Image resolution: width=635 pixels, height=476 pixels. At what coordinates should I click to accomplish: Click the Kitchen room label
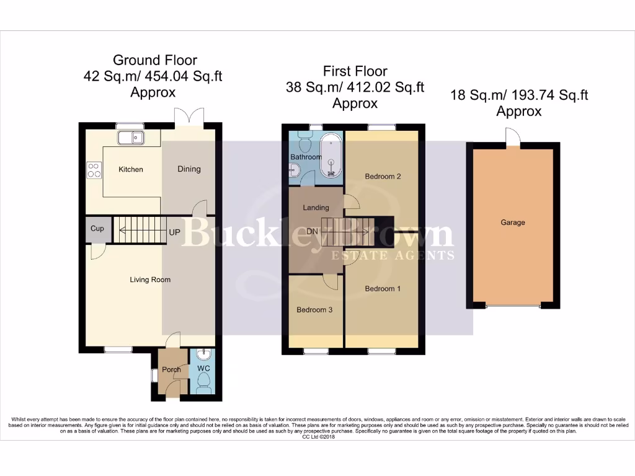131,169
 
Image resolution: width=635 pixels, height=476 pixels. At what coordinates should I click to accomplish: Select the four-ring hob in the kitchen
94,170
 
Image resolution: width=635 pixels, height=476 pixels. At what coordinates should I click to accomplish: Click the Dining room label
189,169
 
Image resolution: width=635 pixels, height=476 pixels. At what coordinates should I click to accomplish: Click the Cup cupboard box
97,229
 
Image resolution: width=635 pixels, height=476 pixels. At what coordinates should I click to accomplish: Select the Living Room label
150,280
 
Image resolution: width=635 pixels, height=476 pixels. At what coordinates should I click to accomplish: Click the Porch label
171,370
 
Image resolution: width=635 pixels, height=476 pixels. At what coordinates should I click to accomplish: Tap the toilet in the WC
204,382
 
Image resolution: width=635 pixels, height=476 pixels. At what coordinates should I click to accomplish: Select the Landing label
316,208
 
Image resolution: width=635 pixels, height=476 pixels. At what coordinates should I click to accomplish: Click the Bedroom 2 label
383,177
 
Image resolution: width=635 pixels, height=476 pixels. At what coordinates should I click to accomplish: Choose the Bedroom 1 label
383,289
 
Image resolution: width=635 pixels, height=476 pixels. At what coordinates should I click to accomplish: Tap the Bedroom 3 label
315,310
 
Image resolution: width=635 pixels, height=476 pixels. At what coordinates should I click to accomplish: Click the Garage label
513,223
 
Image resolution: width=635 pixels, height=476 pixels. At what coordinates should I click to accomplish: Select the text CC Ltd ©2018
317,437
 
